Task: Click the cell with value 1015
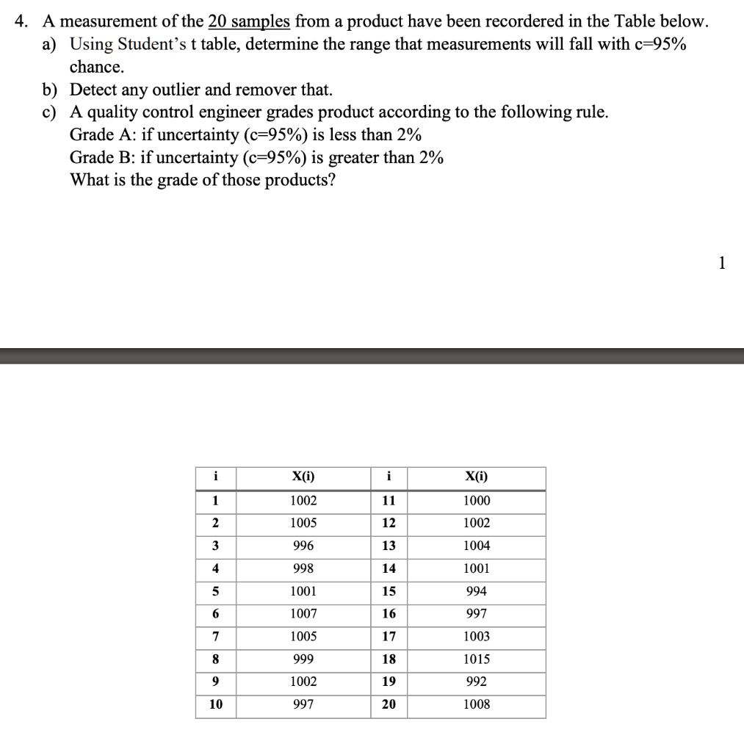point(477,659)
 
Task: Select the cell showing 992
point(477,681)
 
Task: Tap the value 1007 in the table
point(303,614)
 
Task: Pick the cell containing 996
point(303,546)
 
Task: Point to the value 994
point(477,591)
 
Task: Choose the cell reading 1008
point(477,704)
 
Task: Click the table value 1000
point(477,501)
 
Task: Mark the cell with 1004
point(477,546)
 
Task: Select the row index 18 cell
point(389,659)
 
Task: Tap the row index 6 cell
point(214,614)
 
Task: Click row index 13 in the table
point(389,546)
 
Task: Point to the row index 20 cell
point(389,704)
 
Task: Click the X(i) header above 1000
point(477,477)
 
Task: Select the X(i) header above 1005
point(303,477)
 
